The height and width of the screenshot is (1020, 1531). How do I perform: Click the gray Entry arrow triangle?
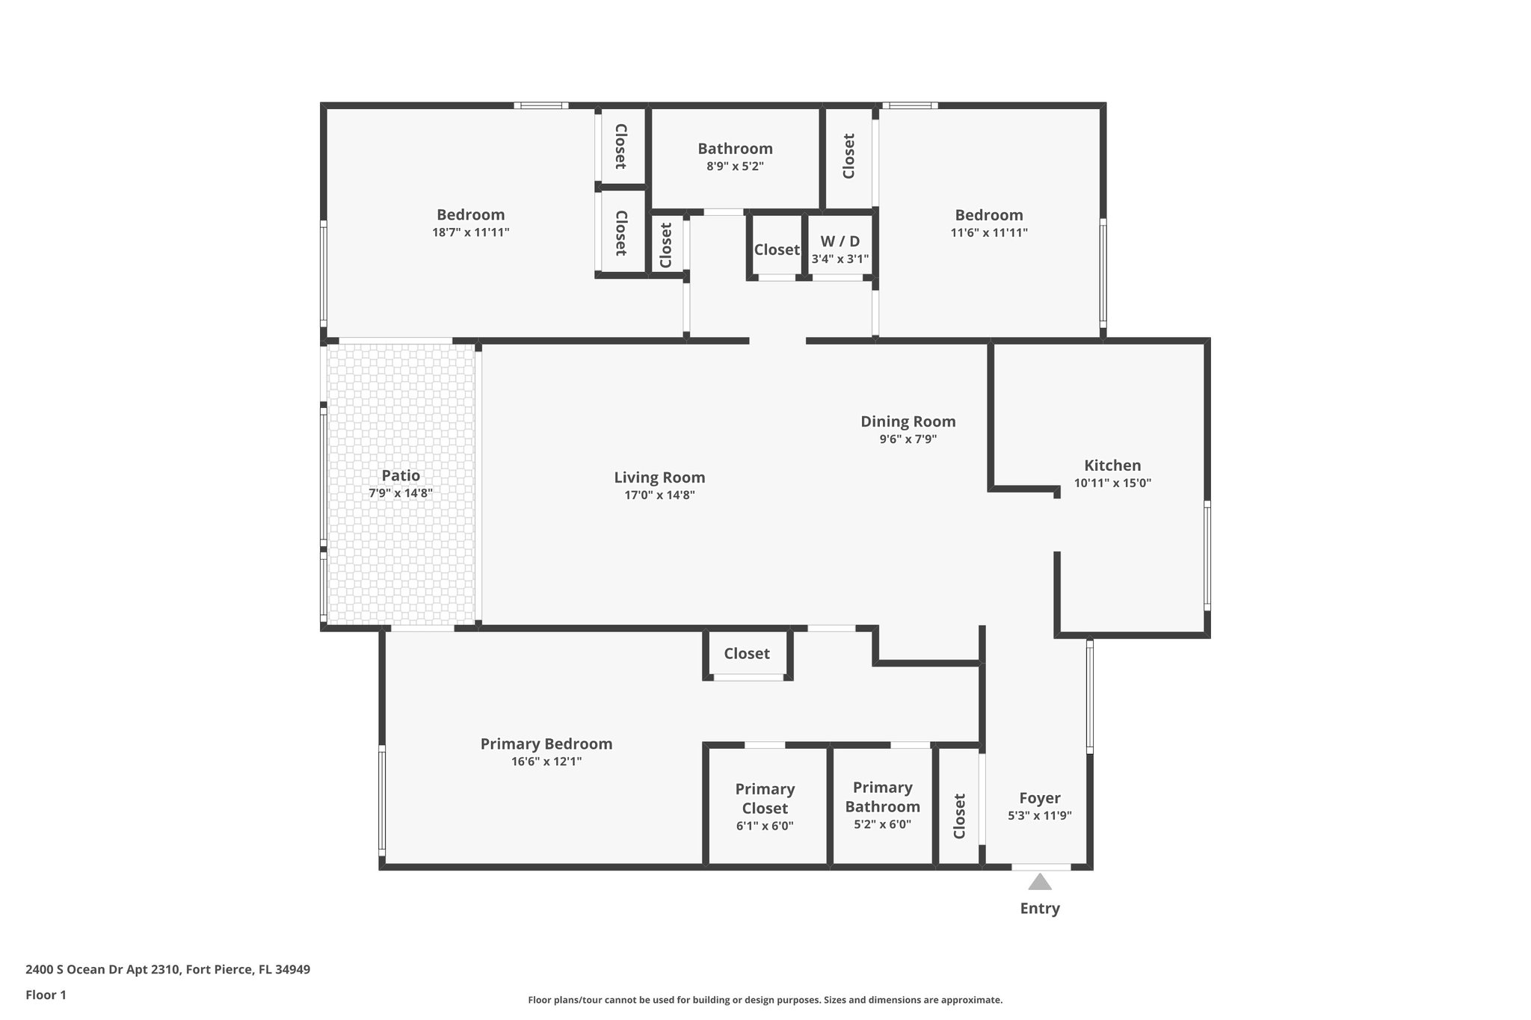click(1039, 883)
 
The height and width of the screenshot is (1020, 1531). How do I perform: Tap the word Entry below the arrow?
click(1039, 909)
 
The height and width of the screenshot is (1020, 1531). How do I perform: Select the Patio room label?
click(401, 476)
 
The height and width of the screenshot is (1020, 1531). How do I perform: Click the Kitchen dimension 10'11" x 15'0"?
click(1112, 483)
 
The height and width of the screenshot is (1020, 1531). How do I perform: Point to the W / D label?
click(840, 241)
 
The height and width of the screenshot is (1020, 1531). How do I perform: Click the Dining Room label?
click(908, 421)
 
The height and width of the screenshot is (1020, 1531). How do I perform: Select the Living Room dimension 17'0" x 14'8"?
click(659, 495)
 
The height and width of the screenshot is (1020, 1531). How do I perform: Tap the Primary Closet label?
click(765, 799)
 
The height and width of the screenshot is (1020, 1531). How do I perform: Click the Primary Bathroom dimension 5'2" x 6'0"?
click(882, 825)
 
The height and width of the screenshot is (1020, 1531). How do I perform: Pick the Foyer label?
click(1039, 798)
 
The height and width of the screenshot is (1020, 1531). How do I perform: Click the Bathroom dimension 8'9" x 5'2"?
click(735, 167)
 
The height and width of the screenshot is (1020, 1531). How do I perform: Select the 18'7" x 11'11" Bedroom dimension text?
click(470, 232)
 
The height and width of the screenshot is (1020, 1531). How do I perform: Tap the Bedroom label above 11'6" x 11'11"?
click(988, 215)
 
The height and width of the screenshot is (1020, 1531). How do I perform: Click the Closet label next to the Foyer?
click(960, 816)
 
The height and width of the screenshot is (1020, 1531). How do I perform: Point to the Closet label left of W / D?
click(776, 250)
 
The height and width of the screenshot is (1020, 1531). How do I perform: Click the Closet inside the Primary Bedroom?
click(746, 654)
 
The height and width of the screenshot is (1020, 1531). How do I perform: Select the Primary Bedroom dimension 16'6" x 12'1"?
click(546, 762)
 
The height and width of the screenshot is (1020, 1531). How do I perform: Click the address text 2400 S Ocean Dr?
click(167, 970)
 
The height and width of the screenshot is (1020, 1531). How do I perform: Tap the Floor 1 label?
click(46, 995)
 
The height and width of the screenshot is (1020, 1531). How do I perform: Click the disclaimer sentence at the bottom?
click(765, 1000)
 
